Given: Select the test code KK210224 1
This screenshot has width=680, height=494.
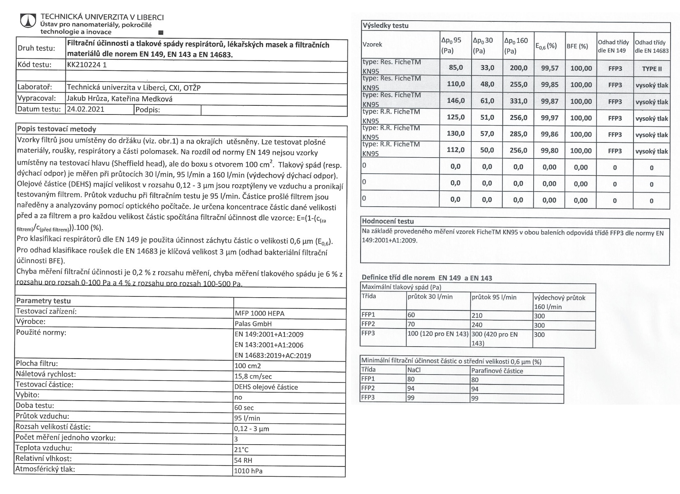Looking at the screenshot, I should click(x=87, y=65).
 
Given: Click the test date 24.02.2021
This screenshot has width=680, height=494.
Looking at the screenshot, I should click(x=86, y=109).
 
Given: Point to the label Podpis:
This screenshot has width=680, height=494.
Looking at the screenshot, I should click(x=147, y=110).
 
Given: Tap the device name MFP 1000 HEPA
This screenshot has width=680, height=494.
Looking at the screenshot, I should click(x=259, y=313).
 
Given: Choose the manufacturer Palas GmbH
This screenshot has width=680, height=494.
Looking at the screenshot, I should click(x=253, y=324).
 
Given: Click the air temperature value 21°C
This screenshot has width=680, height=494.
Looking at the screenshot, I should click(x=241, y=450).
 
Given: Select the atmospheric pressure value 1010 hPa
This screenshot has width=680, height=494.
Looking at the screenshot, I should click(x=248, y=471).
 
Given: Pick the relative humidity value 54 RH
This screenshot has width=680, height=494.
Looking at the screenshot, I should click(x=243, y=460).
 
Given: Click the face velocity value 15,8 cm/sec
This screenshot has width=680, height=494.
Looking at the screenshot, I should click(x=253, y=376).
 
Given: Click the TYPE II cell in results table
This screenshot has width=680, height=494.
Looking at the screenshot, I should click(x=652, y=69).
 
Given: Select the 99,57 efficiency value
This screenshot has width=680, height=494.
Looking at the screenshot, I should click(x=549, y=68).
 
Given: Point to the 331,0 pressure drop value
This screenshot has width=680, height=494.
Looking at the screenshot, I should click(x=518, y=101).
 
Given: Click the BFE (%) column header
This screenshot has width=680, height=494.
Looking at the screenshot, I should click(x=577, y=46).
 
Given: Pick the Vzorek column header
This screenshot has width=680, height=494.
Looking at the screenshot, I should click(x=372, y=44).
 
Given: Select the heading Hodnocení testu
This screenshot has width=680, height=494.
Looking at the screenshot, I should click(x=388, y=221).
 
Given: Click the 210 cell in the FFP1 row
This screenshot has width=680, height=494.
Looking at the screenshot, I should click(x=477, y=316).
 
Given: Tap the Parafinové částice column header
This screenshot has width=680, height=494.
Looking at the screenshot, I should click(x=497, y=371).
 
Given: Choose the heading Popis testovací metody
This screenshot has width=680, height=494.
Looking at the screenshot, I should click(x=56, y=129).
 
